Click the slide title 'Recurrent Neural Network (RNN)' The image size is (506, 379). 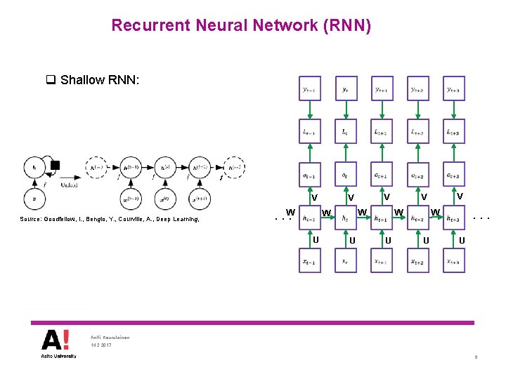pos(241,26)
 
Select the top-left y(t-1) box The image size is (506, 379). pos(309,89)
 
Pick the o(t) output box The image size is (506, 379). pos(346,175)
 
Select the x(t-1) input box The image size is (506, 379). pos(309,261)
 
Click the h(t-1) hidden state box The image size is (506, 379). pos(309,218)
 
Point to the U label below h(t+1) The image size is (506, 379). pos(389,240)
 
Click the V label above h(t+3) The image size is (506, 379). pos(460,197)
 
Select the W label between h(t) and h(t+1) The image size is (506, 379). pos(363,212)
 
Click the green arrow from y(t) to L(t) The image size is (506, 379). pos(346,110)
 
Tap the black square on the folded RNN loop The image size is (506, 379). pos(56,166)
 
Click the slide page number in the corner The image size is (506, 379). pos(476,358)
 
